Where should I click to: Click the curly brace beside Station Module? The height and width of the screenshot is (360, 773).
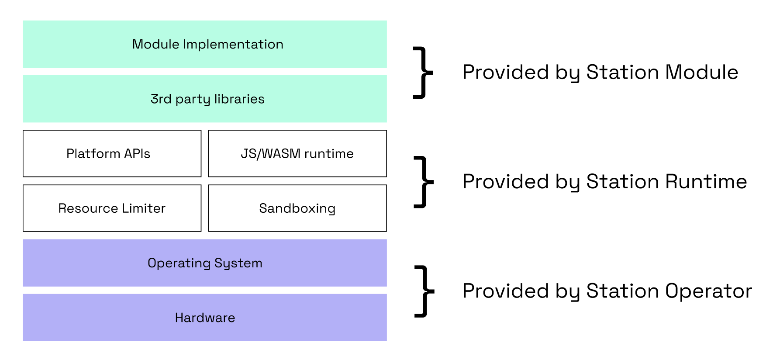tap(423, 73)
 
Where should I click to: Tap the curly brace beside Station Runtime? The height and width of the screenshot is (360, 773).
tap(423, 182)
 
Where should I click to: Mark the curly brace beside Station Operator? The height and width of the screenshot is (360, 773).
tap(424, 291)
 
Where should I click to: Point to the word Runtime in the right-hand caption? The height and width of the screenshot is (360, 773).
tap(706, 181)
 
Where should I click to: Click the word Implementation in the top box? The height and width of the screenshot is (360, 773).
tap(233, 44)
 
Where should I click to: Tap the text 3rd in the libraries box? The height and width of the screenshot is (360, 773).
tap(161, 99)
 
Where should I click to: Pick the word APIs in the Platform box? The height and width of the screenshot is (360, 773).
tap(137, 153)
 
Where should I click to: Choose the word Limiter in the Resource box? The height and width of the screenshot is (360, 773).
tap(144, 208)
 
